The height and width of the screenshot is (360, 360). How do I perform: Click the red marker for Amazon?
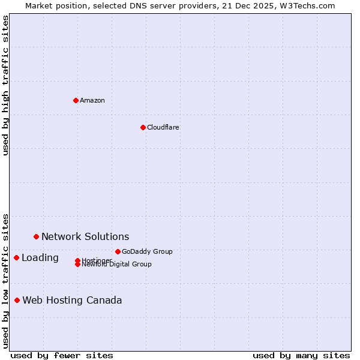tap(76, 100)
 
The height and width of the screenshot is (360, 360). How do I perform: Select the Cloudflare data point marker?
tap(143, 127)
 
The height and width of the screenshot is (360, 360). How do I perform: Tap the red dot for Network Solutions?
tap(36, 236)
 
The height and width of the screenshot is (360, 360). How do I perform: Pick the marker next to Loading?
tap(16, 257)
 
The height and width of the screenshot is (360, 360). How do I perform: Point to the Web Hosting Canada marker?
tap(17, 300)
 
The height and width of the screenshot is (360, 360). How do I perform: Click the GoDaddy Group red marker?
tap(118, 251)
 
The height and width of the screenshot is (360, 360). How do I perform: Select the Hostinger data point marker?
tap(77, 260)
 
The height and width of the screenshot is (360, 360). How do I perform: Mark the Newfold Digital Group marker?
tap(77, 265)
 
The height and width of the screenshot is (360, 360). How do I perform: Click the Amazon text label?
tap(92, 100)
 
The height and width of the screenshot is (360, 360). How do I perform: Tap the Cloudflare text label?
tap(163, 127)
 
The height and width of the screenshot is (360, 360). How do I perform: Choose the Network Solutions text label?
tap(85, 236)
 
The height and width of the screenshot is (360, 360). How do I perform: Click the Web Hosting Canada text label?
tap(72, 300)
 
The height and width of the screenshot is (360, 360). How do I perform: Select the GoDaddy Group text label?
tap(147, 251)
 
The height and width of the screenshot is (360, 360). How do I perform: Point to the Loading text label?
tap(40, 257)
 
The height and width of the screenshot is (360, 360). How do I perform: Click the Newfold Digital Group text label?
tap(117, 265)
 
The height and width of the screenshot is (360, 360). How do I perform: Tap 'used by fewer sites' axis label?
tap(62, 355)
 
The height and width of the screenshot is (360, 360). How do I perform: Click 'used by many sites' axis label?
tap(301, 355)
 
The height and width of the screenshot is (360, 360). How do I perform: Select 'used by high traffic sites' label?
tap(5, 85)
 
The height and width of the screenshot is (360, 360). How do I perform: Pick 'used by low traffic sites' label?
tap(5, 281)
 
